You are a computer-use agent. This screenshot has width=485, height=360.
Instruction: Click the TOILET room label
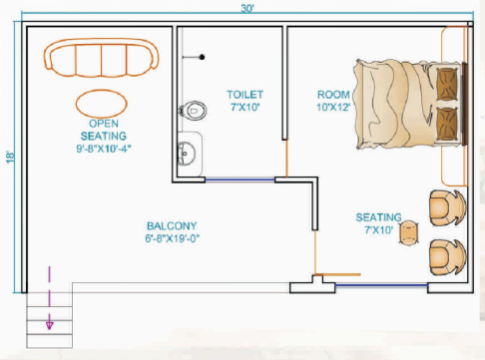coord(242,94)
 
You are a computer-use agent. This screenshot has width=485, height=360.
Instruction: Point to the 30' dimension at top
coord(246,9)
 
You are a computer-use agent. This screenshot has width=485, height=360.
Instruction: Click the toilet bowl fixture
coord(192,110)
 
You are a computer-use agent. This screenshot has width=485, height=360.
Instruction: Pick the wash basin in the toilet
coord(188,153)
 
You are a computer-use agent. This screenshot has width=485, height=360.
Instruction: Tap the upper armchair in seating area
coord(444,207)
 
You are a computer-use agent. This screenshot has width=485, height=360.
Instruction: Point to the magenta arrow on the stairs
coord(47,299)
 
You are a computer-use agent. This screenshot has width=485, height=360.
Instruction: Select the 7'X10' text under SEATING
coord(379,231)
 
